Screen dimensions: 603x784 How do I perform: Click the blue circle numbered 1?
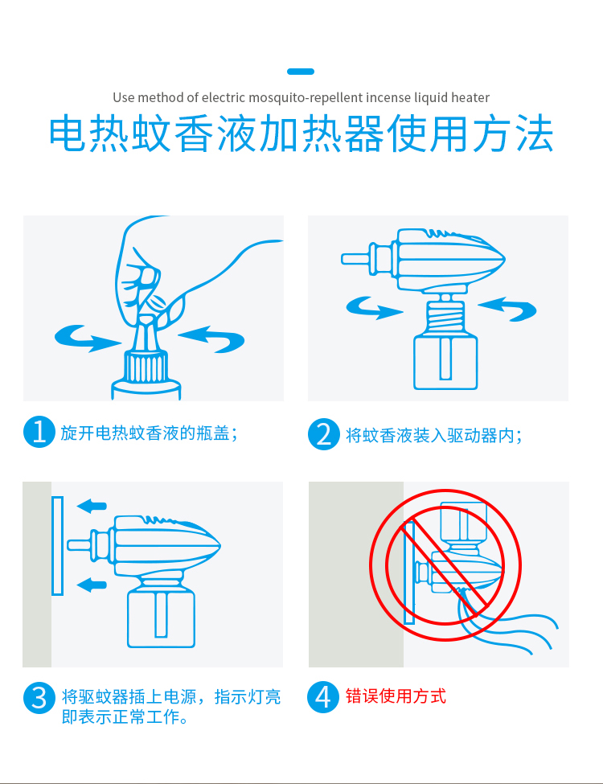click(39, 432)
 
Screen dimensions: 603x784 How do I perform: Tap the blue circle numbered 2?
click(324, 434)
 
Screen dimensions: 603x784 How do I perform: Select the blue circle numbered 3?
click(39, 698)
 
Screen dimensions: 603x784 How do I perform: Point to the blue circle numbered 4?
click(323, 697)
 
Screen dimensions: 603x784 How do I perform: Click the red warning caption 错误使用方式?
click(396, 696)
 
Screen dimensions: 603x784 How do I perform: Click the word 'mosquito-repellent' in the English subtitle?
click(306, 97)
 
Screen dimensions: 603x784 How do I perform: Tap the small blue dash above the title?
click(301, 72)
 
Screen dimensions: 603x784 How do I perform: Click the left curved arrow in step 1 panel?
click(86, 339)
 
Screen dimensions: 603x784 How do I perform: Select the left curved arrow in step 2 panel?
click(372, 308)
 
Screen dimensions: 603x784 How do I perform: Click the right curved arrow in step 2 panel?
click(509, 308)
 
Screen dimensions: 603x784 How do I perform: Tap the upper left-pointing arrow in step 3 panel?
click(92, 506)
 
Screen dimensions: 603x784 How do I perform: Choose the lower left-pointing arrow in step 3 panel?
click(92, 584)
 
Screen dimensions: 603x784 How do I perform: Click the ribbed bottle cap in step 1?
click(146, 367)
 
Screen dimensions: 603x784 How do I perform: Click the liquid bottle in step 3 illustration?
click(161, 618)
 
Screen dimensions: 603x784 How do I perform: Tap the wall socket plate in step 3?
click(58, 545)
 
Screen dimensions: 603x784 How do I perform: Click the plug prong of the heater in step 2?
click(356, 259)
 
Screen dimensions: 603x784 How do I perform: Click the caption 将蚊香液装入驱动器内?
click(434, 435)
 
